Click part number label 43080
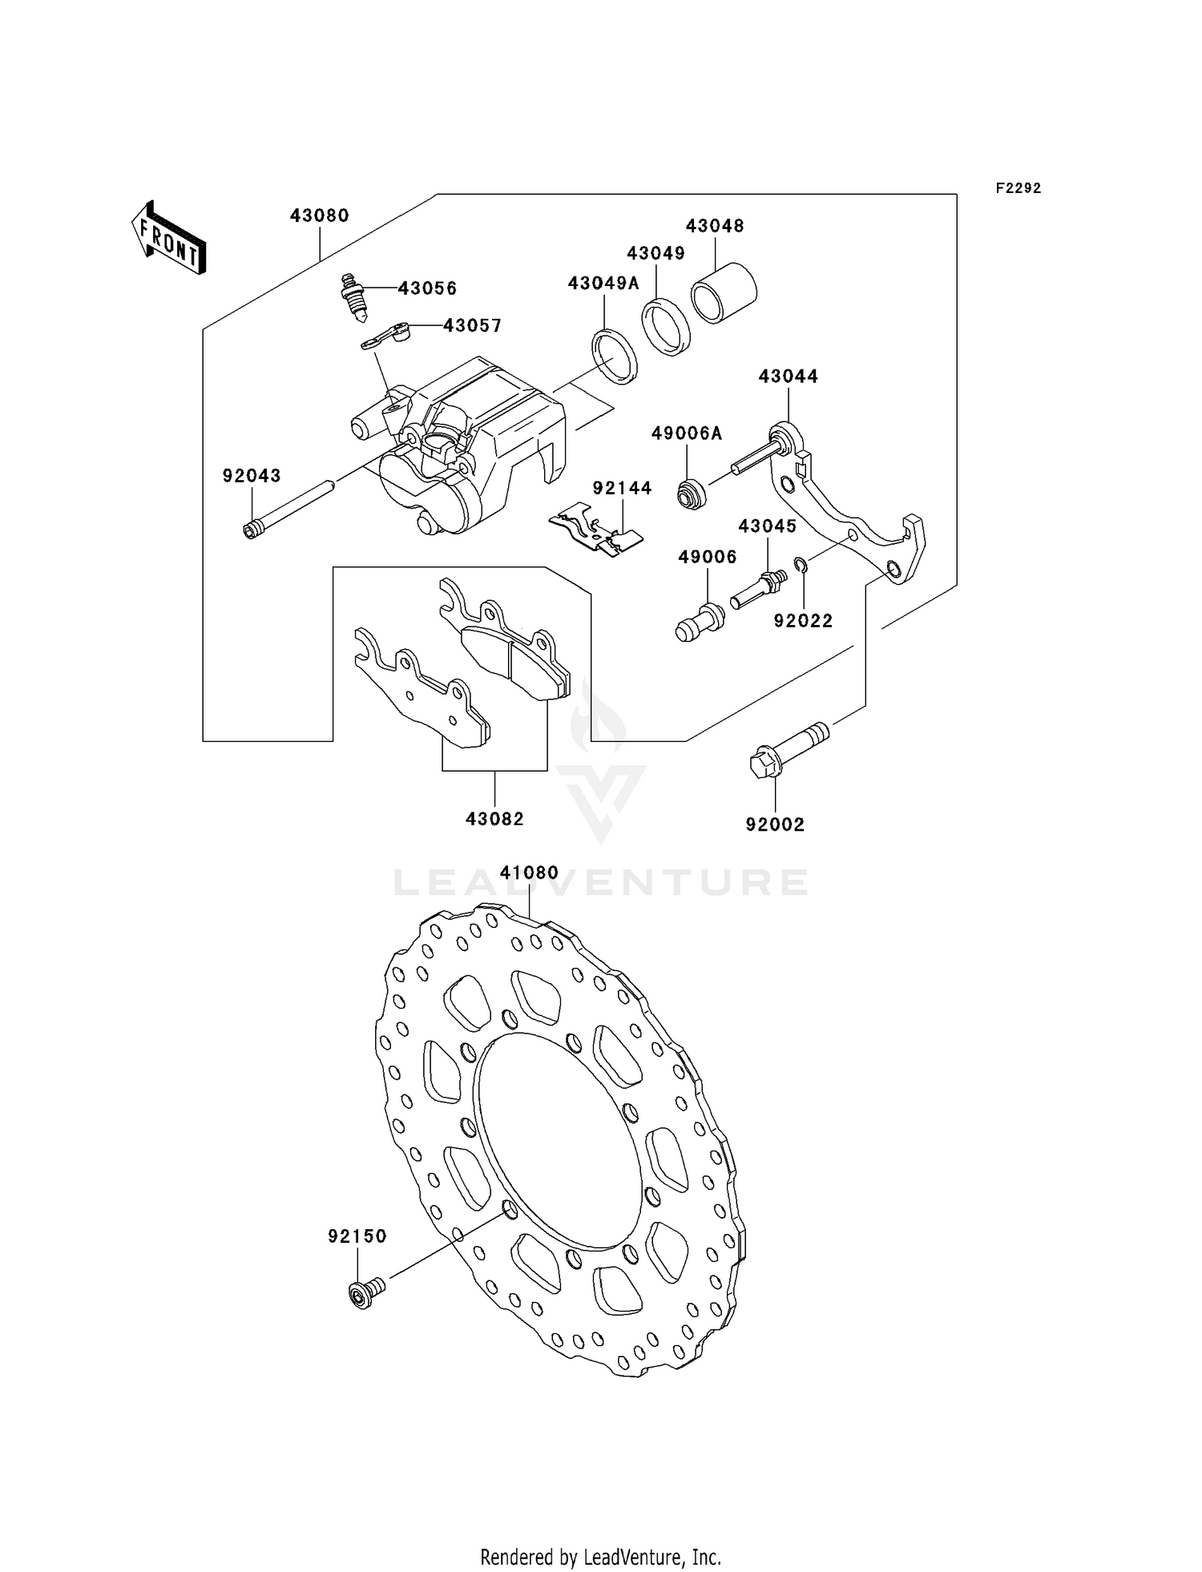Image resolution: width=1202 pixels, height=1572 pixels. (x=319, y=216)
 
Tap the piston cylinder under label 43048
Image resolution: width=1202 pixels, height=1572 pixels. (x=724, y=292)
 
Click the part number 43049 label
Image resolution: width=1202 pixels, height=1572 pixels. (x=655, y=253)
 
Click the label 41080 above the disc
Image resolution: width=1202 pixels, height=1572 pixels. (x=529, y=872)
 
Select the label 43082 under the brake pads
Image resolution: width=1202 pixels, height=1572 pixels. (x=494, y=819)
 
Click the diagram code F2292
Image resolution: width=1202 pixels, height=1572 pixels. (x=1018, y=188)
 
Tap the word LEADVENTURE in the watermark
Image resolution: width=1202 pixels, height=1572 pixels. (x=601, y=883)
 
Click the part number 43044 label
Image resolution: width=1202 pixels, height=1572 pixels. (x=788, y=376)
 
